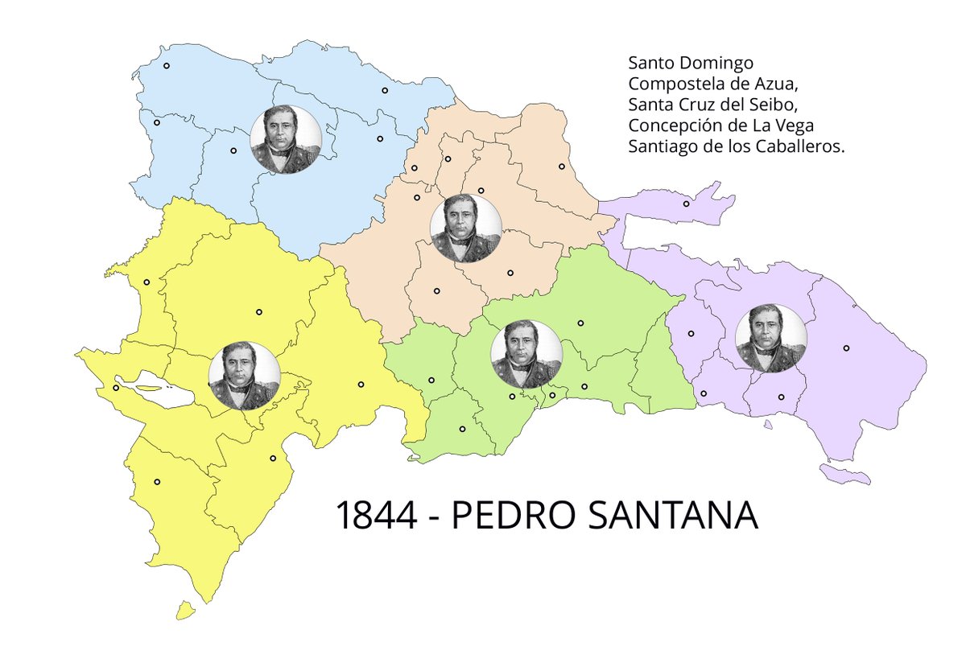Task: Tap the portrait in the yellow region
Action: coord(245,375)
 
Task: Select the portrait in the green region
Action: coord(526,355)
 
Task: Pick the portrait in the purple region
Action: coord(771,339)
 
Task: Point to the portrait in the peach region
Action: coord(466,228)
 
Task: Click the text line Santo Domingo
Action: coord(691,63)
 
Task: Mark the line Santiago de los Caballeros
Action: coord(736,147)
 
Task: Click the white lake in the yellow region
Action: coord(161,393)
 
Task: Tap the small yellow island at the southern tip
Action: coord(186,611)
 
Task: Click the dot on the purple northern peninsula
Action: coord(686,204)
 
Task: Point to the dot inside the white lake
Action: coord(116,388)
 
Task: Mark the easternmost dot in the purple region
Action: coord(846,348)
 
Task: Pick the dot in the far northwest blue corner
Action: coord(167,66)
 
